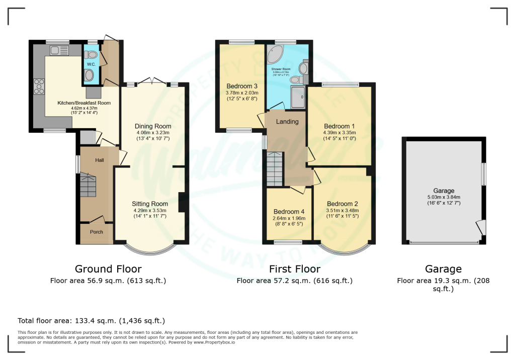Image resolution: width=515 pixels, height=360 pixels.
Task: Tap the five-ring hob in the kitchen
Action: pyautogui.click(x=39, y=86)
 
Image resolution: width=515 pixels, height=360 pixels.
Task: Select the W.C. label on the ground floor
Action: pyautogui.click(x=91, y=64)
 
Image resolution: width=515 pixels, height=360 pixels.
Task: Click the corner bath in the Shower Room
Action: pyautogui.click(x=275, y=54)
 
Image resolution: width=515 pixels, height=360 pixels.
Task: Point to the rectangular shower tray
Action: pyautogui.click(x=298, y=98)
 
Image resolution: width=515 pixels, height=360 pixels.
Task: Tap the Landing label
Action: pyautogui.click(x=287, y=121)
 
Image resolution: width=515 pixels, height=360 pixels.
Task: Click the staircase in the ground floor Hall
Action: pyautogui.click(x=89, y=186)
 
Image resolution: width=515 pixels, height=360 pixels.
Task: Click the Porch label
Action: pyautogui.click(x=96, y=232)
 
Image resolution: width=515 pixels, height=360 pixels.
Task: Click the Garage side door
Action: pyautogui.click(x=482, y=228)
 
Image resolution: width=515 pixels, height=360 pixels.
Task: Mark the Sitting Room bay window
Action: pyautogui.click(x=150, y=248)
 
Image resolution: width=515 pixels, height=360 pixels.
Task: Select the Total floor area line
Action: pyautogui.click(x=91, y=320)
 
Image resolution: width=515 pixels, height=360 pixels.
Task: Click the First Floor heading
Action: pyautogui.click(x=294, y=269)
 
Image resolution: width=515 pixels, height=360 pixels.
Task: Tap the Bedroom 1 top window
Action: pyautogui.click(x=340, y=85)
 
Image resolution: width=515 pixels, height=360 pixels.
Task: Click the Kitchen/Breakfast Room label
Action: pyautogui.click(x=83, y=103)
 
